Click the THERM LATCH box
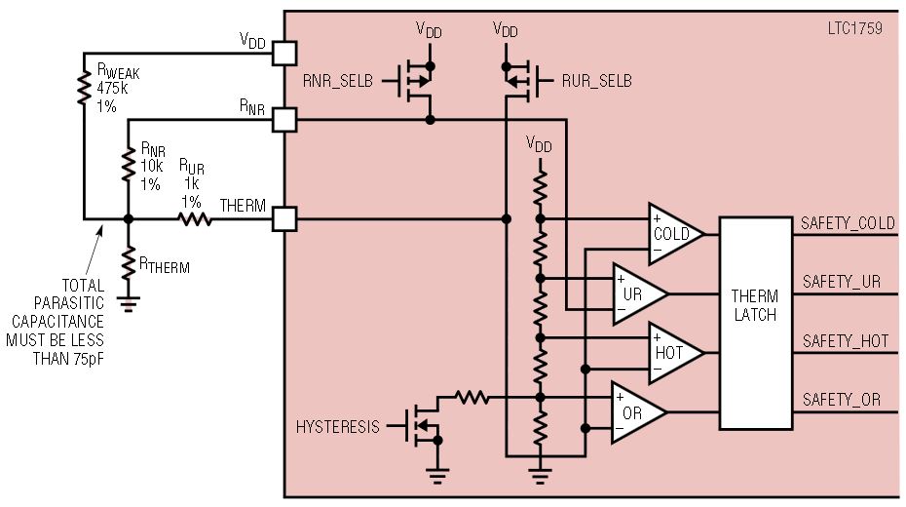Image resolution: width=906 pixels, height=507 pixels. [755, 323]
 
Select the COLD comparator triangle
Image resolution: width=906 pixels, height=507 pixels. [673, 234]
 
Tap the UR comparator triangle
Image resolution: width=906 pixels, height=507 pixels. [636, 293]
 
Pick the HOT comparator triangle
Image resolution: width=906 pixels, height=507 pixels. [673, 353]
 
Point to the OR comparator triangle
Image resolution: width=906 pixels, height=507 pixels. [636, 412]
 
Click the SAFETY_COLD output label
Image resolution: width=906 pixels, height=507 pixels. [848, 223]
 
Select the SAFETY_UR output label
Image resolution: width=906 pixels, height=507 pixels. [842, 282]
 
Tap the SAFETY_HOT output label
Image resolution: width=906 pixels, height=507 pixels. [846, 341]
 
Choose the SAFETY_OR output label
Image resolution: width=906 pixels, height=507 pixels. [842, 400]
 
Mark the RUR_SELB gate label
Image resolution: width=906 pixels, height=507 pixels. [596, 81]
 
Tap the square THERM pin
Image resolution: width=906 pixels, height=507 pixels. [284, 219]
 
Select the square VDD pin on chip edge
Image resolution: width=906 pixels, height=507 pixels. [284, 51]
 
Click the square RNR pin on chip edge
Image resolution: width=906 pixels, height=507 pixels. [284, 120]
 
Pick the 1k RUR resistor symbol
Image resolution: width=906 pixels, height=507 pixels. [195, 219]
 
